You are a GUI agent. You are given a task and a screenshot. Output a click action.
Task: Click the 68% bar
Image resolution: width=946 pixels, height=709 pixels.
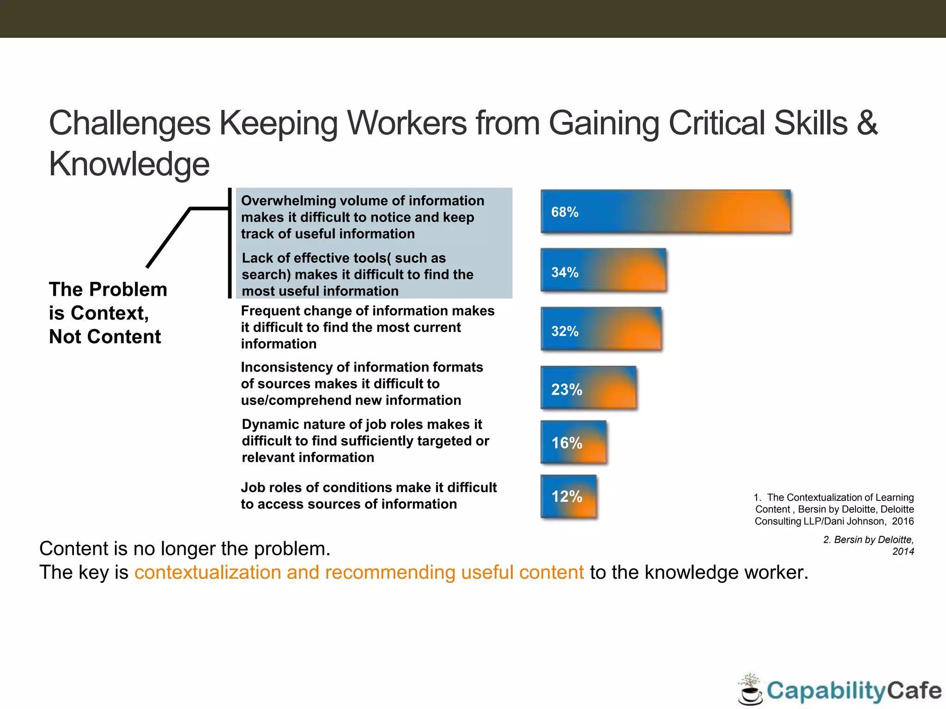point(665,211)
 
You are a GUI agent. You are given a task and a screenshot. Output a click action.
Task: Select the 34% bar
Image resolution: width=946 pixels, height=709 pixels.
point(603,270)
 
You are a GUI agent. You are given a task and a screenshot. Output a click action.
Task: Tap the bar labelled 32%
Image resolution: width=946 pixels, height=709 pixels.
point(600,329)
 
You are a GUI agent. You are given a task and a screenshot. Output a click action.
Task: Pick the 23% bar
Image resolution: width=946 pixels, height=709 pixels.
point(588,388)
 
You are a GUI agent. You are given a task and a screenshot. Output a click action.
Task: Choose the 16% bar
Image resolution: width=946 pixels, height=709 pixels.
point(573,442)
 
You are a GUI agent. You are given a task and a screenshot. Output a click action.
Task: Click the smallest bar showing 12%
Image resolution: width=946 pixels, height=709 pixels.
point(568,497)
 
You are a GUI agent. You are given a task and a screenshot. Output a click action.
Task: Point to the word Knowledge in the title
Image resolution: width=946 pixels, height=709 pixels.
point(129,164)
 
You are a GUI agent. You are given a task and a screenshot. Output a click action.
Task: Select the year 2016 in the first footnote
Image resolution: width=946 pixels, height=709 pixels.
point(903,522)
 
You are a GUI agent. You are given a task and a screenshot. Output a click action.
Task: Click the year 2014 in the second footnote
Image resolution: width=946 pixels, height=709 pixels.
point(903,552)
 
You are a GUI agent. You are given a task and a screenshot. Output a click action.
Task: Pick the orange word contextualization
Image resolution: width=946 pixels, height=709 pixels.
point(207,572)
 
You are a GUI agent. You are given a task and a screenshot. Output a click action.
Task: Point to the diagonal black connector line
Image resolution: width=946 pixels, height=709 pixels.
point(168,238)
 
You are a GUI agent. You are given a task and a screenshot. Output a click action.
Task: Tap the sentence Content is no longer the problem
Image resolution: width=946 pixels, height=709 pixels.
point(185,549)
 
